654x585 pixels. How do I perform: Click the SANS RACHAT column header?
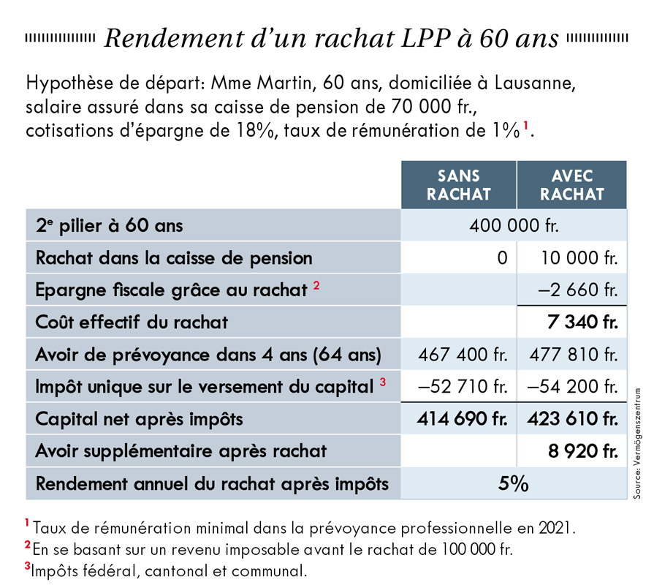pos(458,185)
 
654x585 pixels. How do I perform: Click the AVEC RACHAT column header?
pos(572,185)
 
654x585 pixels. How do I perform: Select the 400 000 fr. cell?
pos(514,226)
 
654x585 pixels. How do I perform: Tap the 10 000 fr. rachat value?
pos(579,258)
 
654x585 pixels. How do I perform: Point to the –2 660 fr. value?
pos(578,290)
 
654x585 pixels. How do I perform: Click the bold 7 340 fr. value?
pos(582,322)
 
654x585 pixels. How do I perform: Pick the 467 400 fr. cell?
pos(463,355)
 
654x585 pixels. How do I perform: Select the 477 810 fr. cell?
pos(574,355)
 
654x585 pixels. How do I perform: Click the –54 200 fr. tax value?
pos(573,386)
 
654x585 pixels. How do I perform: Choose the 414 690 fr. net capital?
pos(463,418)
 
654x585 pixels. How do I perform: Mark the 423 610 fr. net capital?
pos(573,418)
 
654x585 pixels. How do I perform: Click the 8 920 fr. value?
pos(583,451)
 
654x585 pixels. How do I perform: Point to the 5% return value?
pos(514,483)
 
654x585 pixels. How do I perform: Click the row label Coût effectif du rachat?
pos(132,322)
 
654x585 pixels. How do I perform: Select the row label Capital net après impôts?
pos(140,419)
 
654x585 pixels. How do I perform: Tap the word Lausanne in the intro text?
pos(535,83)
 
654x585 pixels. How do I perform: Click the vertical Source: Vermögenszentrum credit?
pos(637,443)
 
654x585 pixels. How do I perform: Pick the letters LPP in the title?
pos(426,38)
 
